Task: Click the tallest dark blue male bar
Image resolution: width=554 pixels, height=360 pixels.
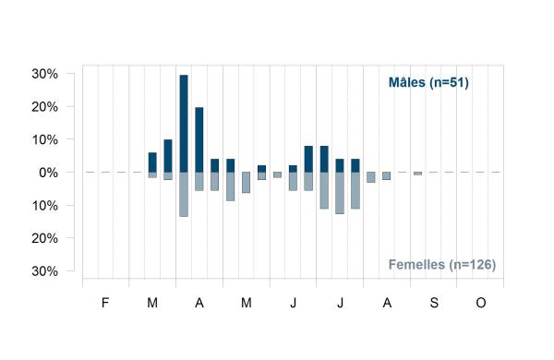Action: pyautogui.click(x=184, y=124)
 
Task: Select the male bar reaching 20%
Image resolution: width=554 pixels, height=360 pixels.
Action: pyautogui.click(x=199, y=139)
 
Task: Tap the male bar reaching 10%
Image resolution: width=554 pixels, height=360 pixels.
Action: pyautogui.click(x=168, y=156)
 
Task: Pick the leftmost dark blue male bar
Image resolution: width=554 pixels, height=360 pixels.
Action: pyautogui.click(x=152, y=162)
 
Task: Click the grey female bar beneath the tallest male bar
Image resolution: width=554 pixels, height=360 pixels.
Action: pyautogui.click(x=184, y=195)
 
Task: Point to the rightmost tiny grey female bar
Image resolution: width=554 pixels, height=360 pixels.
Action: pyautogui.click(x=418, y=174)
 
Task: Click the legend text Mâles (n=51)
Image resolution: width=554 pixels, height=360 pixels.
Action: pyautogui.click(x=428, y=82)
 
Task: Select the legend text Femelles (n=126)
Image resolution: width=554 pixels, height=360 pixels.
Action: pyautogui.click(x=442, y=264)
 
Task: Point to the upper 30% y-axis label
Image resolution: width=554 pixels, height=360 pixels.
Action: pyautogui.click(x=45, y=74)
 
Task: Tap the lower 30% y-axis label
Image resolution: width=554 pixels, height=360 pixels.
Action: pyautogui.click(x=45, y=271)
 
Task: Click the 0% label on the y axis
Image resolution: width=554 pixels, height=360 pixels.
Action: pyautogui.click(x=48, y=173)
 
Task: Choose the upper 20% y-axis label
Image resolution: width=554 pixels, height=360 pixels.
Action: pyautogui.click(x=45, y=107)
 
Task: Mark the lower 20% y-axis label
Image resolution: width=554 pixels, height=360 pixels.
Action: pyautogui.click(x=45, y=238)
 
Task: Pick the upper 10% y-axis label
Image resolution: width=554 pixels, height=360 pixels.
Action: pyautogui.click(x=45, y=140)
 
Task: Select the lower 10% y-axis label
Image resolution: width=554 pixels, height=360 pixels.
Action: pyautogui.click(x=45, y=206)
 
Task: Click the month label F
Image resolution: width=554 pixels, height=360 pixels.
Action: pyautogui.click(x=105, y=303)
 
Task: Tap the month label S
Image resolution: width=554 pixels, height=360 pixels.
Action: pyautogui.click(x=434, y=303)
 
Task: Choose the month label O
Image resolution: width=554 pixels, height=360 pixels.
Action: pyautogui.click(x=481, y=303)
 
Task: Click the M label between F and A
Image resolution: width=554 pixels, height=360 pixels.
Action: pyautogui.click(x=152, y=303)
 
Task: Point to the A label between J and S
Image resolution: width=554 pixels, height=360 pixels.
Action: pyautogui.click(x=387, y=303)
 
